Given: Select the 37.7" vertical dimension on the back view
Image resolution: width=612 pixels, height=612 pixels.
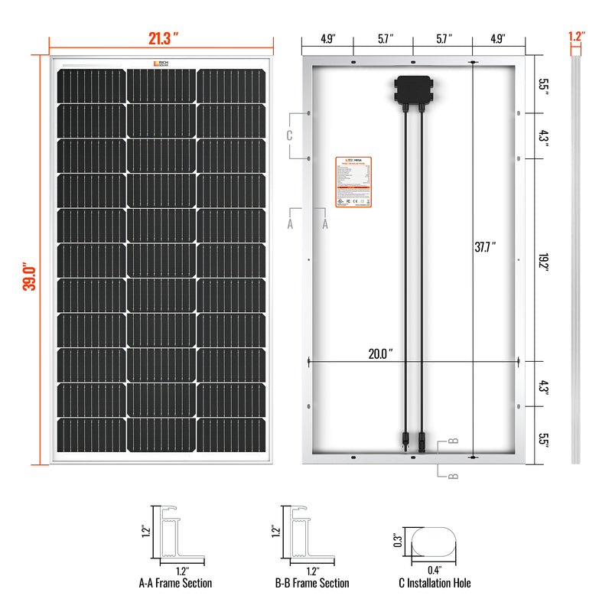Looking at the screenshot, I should (484, 246).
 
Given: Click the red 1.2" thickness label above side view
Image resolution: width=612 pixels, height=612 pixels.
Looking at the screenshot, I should (576, 35).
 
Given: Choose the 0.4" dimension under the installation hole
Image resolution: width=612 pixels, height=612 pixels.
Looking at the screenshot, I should (434, 569).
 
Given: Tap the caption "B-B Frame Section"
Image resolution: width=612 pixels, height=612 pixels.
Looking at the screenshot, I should (312, 584).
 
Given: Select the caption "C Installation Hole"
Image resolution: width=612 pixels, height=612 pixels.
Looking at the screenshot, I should (435, 584).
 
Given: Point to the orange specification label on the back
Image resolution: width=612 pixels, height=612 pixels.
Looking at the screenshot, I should (353, 181).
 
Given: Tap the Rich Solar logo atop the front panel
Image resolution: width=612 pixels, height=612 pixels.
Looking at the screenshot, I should (161, 63).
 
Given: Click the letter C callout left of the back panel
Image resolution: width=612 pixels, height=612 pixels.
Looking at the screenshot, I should (289, 136).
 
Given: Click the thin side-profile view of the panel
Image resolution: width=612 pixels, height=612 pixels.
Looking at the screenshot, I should (576, 260).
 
